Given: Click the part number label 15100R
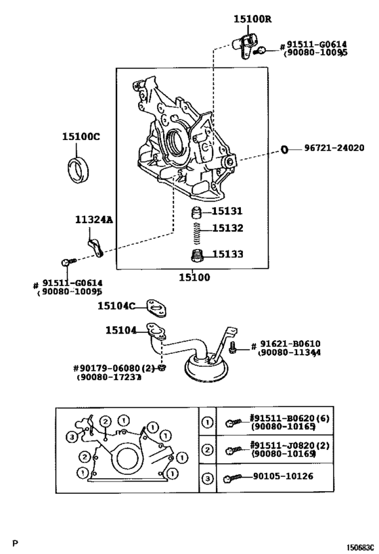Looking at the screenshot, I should point(252,20).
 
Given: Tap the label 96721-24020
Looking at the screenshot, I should point(334,149).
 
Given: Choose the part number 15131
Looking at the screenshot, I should point(227,212).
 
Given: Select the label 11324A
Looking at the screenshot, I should point(93,220).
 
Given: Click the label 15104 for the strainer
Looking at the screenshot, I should point(121,330).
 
